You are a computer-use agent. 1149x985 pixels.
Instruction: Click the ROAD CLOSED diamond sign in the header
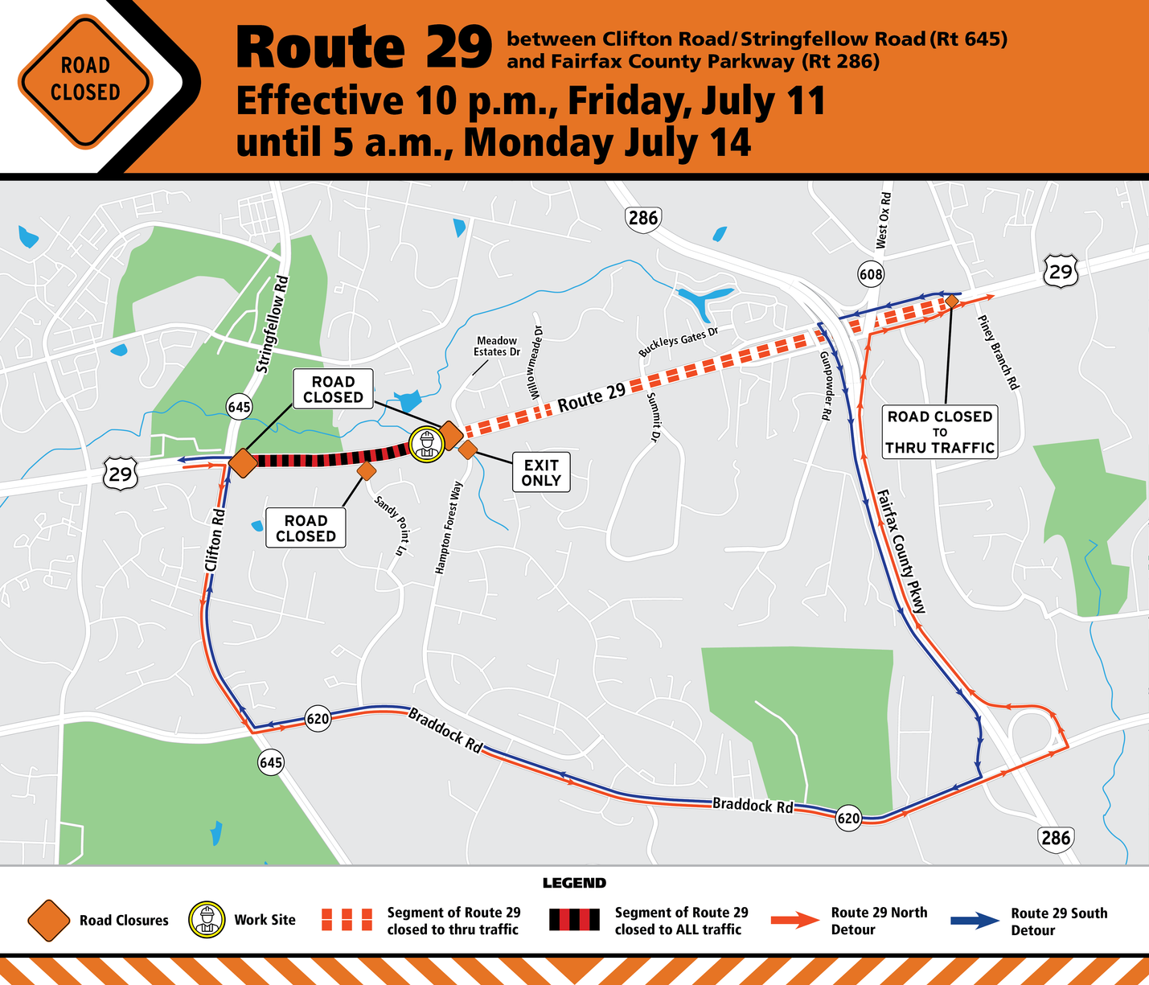pos(85,80)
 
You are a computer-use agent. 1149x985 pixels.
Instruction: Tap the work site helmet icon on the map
pos(426,443)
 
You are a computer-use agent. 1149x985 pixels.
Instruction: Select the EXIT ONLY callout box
pos(541,473)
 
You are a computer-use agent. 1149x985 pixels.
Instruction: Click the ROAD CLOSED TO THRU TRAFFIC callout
pos(940,432)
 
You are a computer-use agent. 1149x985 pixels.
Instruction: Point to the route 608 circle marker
pos(871,274)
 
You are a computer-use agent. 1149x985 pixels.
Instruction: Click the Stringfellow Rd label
pos(272,324)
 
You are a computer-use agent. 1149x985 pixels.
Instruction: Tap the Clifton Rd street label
pos(215,539)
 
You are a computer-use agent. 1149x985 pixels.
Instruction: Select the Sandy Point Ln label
pos(389,527)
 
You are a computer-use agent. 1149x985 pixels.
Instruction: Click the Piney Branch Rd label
pos(999,352)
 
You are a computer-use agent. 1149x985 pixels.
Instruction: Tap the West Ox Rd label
pos(883,220)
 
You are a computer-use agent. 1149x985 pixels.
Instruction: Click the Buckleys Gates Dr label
pos(678,342)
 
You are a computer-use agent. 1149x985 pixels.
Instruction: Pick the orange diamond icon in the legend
pos(47,921)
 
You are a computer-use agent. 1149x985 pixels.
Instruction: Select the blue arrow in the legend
pos(975,921)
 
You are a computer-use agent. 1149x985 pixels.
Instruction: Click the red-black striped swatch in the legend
pos(575,921)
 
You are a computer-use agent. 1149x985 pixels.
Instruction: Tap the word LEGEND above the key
pos(574,884)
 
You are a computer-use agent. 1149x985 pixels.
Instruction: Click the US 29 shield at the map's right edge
pos(1061,272)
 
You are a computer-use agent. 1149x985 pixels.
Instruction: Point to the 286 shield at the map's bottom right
pos(1055,838)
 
